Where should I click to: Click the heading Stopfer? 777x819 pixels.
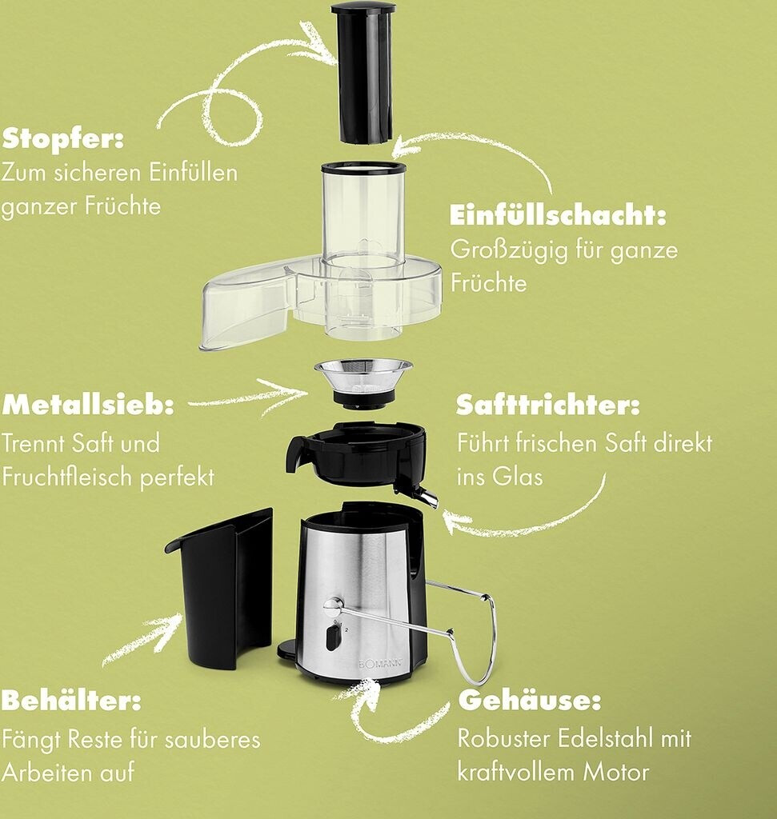click(x=62, y=140)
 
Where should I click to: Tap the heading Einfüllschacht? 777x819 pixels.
click(x=558, y=215)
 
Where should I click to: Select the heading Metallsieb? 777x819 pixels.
click(x=88, y=405)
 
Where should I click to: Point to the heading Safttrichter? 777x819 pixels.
click(x=547, y=405)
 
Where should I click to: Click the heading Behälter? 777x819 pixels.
click(x=71, y=701)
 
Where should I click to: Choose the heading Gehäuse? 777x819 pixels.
click(x=530, y=701)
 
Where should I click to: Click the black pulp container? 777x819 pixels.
click(x=219, y=590)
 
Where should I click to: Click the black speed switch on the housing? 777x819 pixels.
click(x=332, y=638)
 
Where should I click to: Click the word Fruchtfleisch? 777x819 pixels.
click(x=67, y=477)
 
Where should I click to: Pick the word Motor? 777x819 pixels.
click(x=615, y=773)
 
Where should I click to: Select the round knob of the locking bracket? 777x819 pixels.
click(x=330, y=605)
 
